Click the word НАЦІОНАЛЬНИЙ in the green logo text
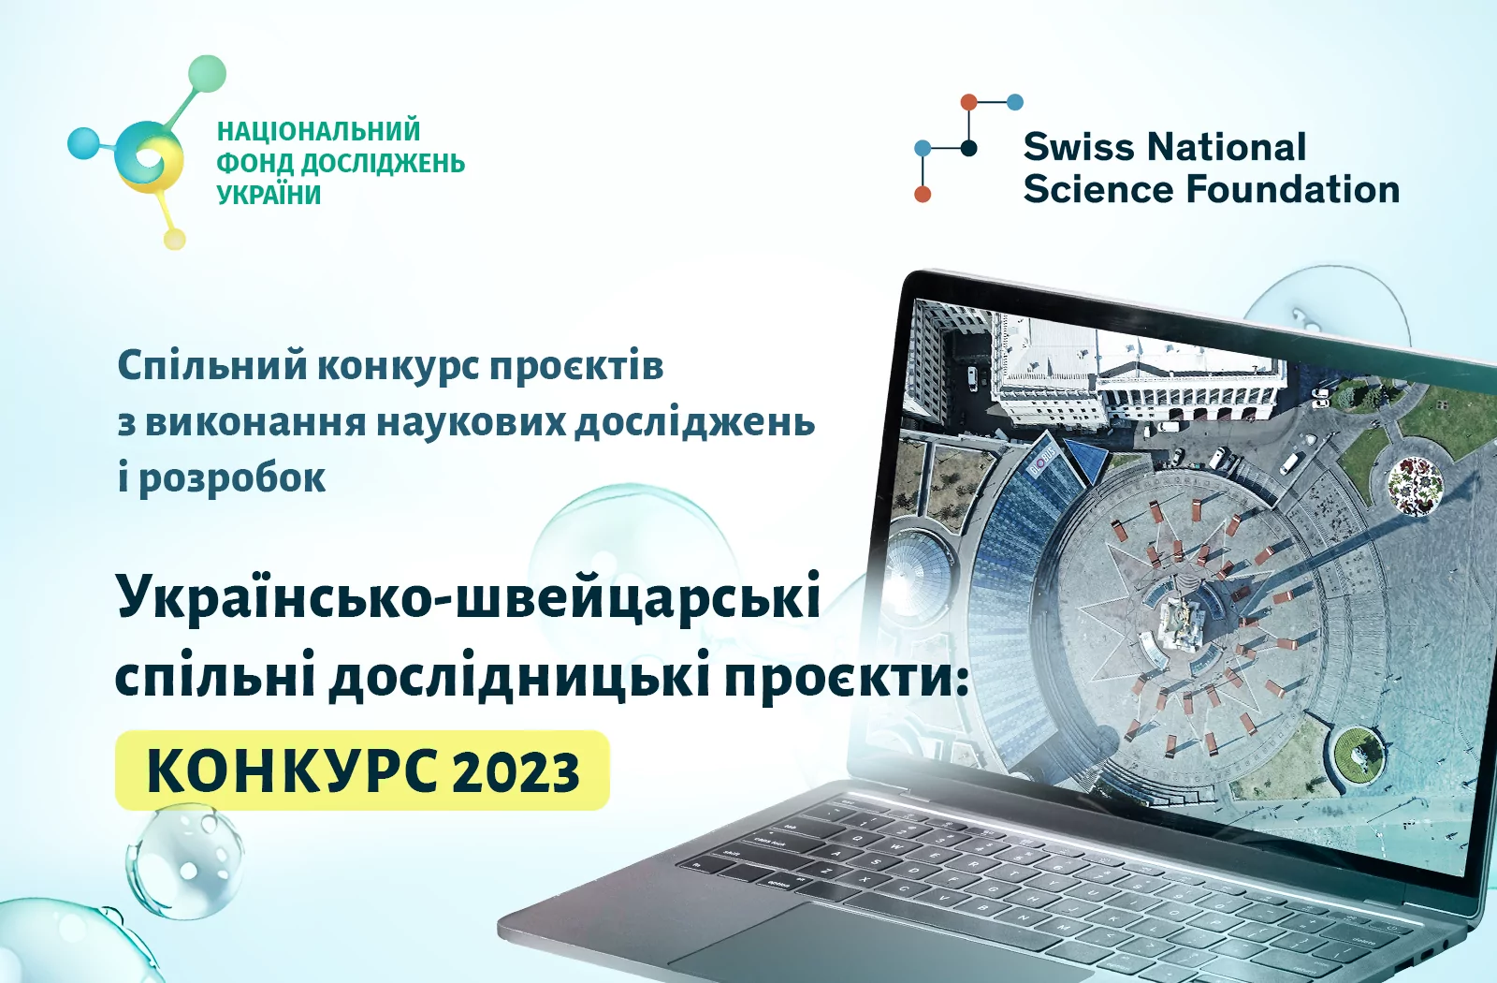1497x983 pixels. [x=319, y=131]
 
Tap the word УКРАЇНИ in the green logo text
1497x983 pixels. [x=269, y=195]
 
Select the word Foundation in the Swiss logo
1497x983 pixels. [x=1292, y=189]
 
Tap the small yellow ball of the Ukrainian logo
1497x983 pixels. [x=174, y=239]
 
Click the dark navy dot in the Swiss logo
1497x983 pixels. [x=968, y=148]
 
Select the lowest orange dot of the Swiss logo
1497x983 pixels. [x=923, y=194]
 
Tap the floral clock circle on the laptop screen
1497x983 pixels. [x=1415, y=486]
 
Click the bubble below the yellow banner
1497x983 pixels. [x=185, y=860]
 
